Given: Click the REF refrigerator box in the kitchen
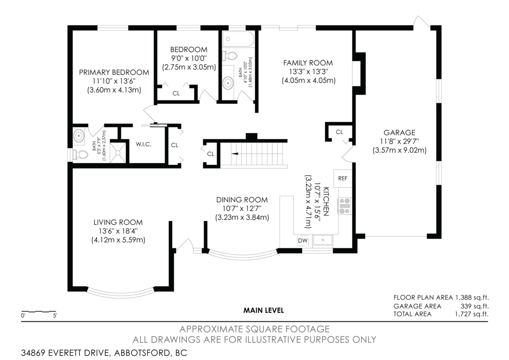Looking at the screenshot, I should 343,178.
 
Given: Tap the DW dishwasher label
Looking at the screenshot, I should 302,241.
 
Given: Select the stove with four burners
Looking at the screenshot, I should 344,205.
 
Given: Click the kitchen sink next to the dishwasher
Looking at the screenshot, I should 323,241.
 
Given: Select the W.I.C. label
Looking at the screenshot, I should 144,144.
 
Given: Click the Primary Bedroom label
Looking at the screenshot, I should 114,72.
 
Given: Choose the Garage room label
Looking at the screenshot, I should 399,132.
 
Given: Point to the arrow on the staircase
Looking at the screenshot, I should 234,154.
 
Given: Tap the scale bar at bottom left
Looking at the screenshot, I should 39,312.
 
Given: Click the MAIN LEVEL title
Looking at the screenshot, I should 263,310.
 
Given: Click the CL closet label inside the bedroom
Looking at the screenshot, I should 176,93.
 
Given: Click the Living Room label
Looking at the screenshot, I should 118,222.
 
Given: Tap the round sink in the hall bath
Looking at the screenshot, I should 229,83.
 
